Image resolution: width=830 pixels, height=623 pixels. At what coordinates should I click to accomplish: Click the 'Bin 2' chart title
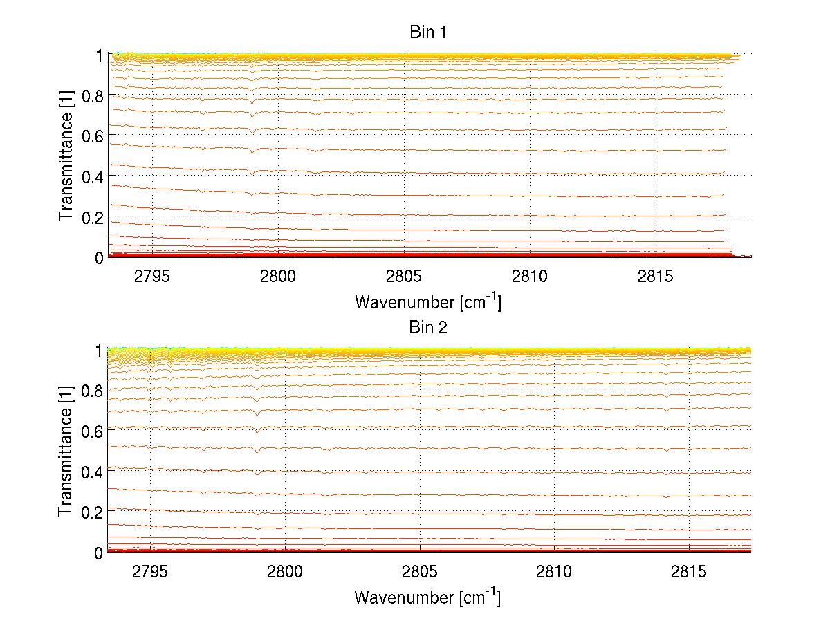[x=428, y=328]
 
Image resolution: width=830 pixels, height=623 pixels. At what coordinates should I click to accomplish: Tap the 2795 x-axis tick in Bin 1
[x=151, y=277]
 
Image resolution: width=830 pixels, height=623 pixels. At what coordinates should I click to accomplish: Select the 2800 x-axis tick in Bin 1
[x=277, y=277]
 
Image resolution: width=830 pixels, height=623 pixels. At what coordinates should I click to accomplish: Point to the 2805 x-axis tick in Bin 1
[x=404, y=277]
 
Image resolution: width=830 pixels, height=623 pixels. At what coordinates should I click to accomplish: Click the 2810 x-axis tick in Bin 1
[x=530, y=277]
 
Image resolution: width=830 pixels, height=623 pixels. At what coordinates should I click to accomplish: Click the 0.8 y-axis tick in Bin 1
[x=93, y=96]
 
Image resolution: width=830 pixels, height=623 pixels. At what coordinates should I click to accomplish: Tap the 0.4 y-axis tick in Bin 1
[x=93, y=177]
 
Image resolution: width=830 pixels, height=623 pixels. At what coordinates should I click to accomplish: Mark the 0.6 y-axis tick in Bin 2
[x=93, y=431]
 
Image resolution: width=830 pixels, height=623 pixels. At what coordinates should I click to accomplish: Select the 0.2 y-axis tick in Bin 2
[x=93, y=512]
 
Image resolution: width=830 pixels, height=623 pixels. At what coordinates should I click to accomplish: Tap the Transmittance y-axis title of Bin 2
[x=66, y=451]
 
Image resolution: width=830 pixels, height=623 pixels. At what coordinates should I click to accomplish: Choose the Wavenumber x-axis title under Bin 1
[x=427, y=301]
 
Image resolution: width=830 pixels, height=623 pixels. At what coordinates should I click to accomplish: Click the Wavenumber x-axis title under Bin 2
[x=427, y=597]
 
